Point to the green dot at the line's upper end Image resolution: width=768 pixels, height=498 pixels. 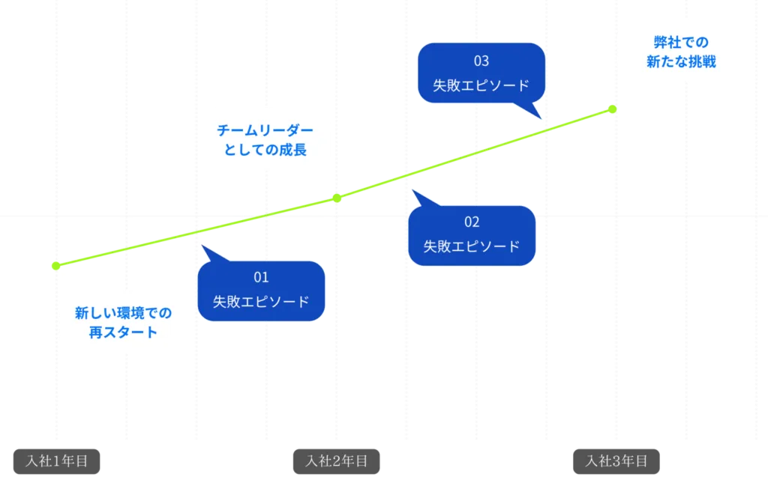pyautogui.click(x=611, y=109)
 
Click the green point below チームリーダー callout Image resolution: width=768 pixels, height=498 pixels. pyautogui.click(x=337, y=198)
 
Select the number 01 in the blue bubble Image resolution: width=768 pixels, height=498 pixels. pyautogui.click(x=261, y=278)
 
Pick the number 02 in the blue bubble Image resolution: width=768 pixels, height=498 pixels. pyautogui.click(x=472, y=222)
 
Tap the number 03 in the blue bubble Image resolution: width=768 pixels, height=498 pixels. pyautogui.click(x=481, y=61)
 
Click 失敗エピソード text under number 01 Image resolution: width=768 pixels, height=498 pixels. pyautogui.click(x=261, y=302)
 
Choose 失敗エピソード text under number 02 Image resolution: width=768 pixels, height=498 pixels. pyautogui.click(x=472, y=246)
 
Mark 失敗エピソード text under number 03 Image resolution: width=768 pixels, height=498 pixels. pyautogui.click(x=481, y=85)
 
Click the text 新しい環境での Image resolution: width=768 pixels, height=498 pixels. pyautogui.click(x=123, y=312)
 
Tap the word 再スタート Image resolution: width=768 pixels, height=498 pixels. pyautogui.click(x=123, y=332)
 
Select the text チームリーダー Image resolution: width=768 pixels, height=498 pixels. pyautogui.click(x=265, y=130)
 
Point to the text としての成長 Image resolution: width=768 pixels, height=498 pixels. pyautogui.click(x=265, y=150)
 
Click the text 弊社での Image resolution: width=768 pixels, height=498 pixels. pyautogui.click(x=681, y=43)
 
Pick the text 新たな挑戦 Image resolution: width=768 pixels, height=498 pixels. pyautogui.click(x=681, y=62)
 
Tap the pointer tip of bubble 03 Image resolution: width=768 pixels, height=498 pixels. pyautogui.click(x=541, y=118)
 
